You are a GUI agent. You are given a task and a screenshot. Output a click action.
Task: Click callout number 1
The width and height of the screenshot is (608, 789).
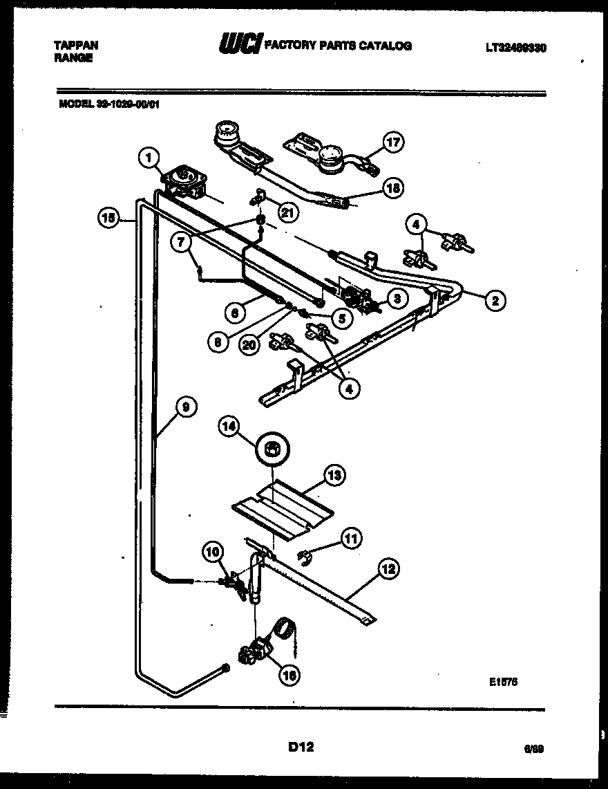click(x=146, y=158)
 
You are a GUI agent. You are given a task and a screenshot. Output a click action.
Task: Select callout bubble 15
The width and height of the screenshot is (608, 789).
click(x=106, y=219)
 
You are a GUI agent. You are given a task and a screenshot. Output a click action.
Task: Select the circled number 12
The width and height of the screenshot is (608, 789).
click(x=389, y=569)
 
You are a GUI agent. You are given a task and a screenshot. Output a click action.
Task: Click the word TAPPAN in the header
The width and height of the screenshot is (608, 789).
click(x=76, y=46)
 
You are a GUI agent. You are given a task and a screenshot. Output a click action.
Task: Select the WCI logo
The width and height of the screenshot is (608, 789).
click(x=240, y=46)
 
